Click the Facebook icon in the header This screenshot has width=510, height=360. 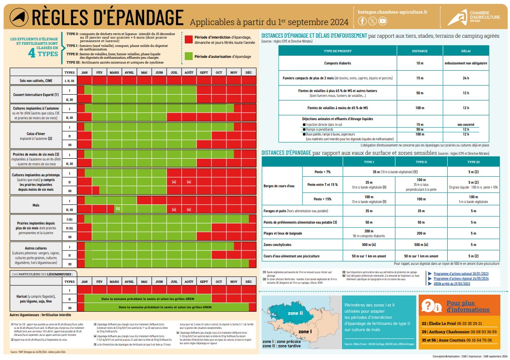tap(362, 21)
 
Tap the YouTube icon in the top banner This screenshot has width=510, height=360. tap(383, 21)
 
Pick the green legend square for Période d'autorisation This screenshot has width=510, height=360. tap(189, 57)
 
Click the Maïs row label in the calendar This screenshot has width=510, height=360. tap(36, 204)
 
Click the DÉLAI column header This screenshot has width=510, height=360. tap(466, 51)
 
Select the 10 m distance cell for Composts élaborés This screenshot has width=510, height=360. tap(420, 63)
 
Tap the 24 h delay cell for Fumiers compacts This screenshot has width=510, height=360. tap(466, 78)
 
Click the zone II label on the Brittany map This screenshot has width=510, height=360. tap(295, 314)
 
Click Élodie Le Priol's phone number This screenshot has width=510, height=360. tap(465, 323)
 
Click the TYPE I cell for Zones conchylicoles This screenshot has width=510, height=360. tap(369, 245)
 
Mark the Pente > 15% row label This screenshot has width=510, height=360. tap(323, 199)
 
